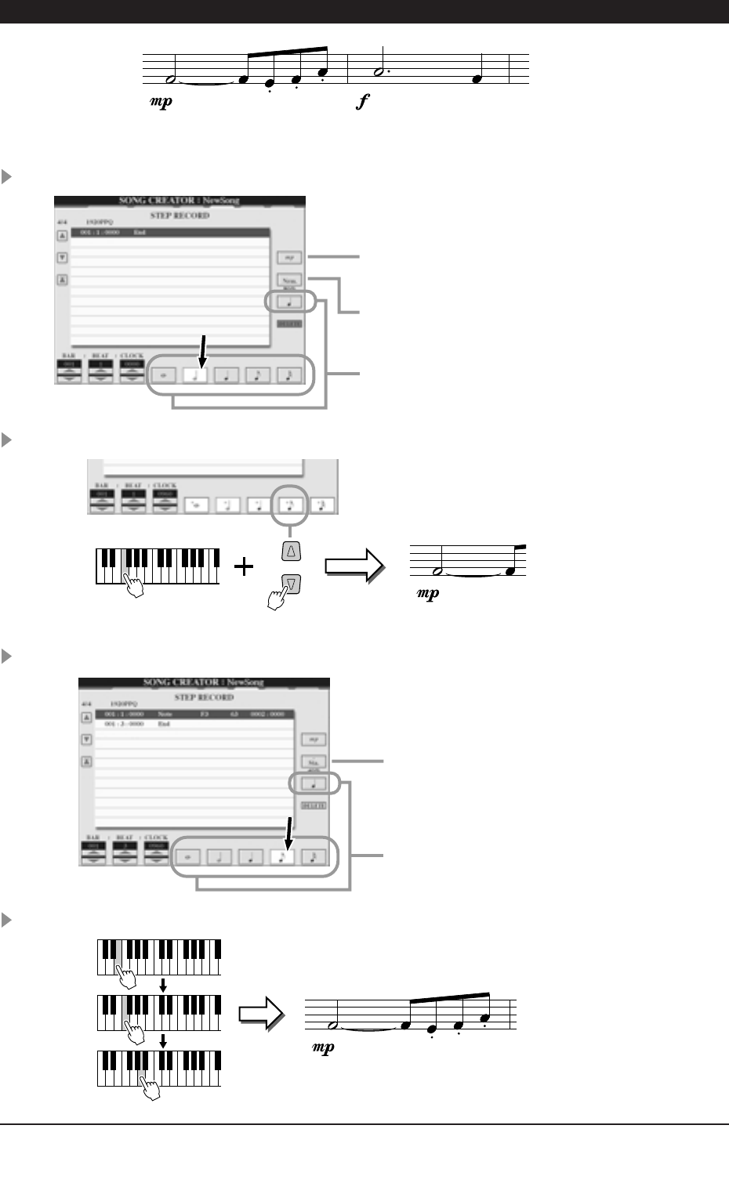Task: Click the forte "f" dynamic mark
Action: click(362, 101)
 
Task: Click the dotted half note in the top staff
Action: click(380, 71)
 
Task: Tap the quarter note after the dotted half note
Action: click(477, 78)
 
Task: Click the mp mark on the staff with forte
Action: click(161, 102)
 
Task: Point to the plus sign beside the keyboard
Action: click(245, 566)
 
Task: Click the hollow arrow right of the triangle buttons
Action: click(354, 566)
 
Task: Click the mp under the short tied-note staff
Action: click(428, 593)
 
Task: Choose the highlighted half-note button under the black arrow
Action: click(196, 374)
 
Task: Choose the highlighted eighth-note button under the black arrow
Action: click(281, 856)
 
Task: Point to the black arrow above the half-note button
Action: click(202, 349)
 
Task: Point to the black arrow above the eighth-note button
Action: click(288, 832)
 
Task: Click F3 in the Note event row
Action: click(204, 715)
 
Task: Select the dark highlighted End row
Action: click(169, 233)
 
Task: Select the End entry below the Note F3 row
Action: click(164, 725)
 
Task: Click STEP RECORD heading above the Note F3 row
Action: click(203, 696)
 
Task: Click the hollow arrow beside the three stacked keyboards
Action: click(261, 1013)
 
